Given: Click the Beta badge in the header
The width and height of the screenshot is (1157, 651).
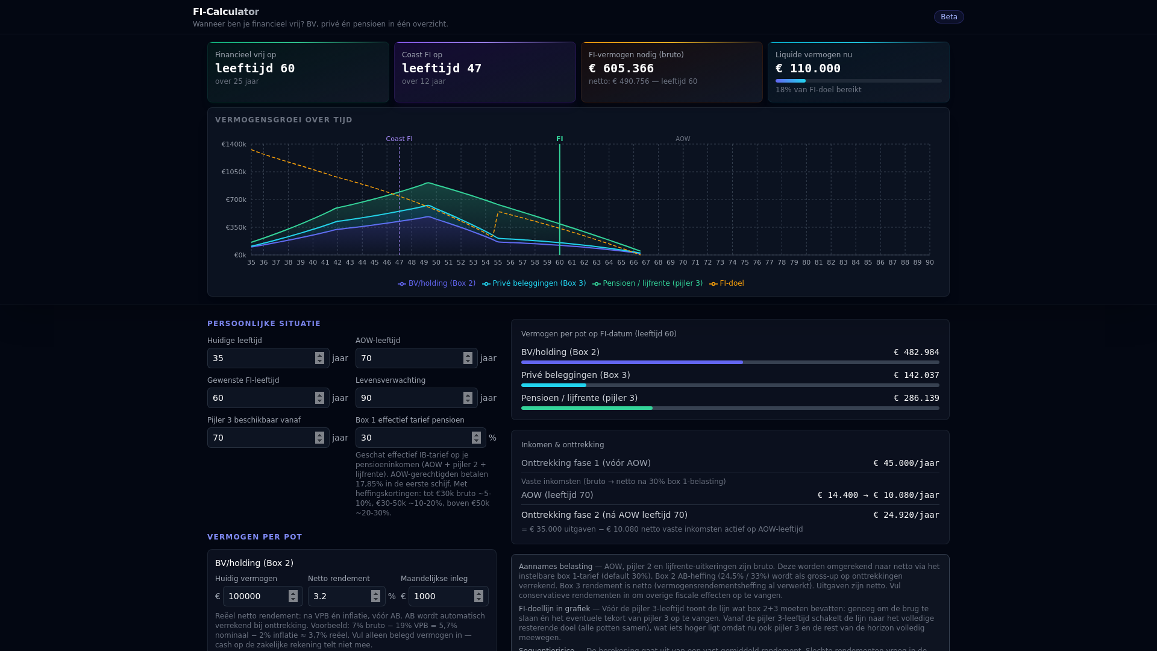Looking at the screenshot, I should (948, 17).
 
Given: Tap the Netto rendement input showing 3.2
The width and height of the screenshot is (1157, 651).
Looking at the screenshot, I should (340, 596).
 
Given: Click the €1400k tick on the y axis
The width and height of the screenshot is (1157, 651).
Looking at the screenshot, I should (234, 145).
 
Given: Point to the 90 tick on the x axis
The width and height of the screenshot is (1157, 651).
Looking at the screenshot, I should (930, 263).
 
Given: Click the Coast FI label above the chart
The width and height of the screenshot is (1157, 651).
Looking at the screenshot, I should (399, 139).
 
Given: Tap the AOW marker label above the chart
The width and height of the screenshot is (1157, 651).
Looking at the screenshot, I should (683, 139).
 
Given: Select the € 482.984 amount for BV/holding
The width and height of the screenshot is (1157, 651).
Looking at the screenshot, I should (916, 353).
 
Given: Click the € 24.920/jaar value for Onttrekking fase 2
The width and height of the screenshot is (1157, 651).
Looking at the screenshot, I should (906, 515).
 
